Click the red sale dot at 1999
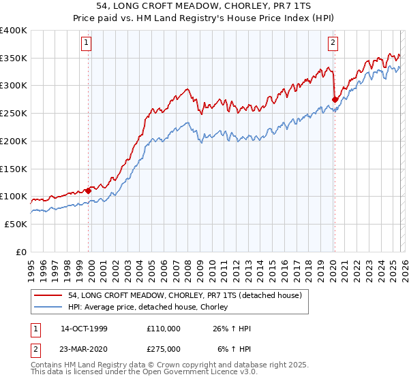89,191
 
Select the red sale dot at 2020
335,99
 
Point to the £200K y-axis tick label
14,141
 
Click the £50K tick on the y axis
16,224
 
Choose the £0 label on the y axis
22,252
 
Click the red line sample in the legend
49,295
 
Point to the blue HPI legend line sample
49,308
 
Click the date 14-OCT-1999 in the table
84,329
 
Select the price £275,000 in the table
164,348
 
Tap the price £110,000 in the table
164,329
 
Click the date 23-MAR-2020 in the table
84,348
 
